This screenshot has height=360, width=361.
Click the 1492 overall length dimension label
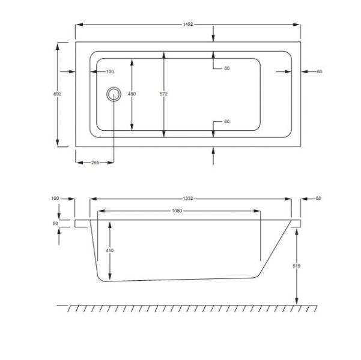[x=188, y=25]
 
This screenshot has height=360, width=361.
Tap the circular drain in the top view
[x=113, y=94]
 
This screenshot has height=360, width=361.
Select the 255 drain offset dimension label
[x=95, y=163]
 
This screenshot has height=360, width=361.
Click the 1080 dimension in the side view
[x=177, y=211]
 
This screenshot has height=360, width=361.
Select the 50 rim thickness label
[x=55, y=223]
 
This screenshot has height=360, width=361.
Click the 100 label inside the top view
[x=109, y=72]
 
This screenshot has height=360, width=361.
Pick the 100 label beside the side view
[x=55, y=198]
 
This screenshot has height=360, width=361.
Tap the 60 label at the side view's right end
[x=318, y=198]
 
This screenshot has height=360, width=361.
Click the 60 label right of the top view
[x=319, y=72]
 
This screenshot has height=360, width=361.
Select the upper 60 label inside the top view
[x=226, y=68]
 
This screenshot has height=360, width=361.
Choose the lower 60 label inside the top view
[x=226, y=122]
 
